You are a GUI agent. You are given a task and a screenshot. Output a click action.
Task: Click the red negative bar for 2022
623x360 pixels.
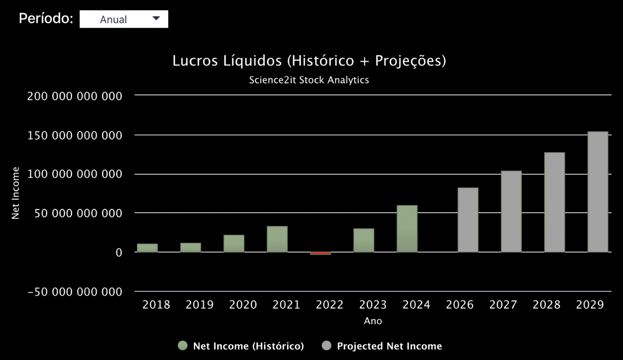pyautogui.click(x=320, y=253)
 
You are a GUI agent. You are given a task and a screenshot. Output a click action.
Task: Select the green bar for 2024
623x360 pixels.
pyautogui.click(x=407, y=229)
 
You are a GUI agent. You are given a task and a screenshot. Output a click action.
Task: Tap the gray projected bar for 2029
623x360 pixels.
pyautogui.click(x=598, y=192)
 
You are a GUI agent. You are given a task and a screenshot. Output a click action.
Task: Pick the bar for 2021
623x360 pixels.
pyautogui.click(x=277, y=239)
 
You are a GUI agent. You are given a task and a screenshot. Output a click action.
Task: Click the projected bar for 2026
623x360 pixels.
pyautogui.click(x=468, y=220)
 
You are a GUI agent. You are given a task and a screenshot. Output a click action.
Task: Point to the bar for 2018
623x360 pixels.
pyautogui.click(x=147, y=248)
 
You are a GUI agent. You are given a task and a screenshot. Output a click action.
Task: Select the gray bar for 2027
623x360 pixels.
pyautogui.click(x=511, y=211)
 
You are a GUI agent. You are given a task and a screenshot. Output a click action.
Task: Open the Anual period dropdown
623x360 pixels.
pyautogui.click(x=124, y=19)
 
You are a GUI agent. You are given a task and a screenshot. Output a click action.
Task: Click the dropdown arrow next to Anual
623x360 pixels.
pyautogui.click(x=156, y=19)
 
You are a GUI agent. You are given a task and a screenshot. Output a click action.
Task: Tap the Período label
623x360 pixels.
pyautogui.click(x=46, y=19)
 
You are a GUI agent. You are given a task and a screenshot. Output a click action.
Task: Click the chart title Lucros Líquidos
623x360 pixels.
pyautogui.click(x=309, y=61)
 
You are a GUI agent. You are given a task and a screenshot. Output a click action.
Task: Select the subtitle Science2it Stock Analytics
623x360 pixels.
pyautogui.click(x=309, y=80)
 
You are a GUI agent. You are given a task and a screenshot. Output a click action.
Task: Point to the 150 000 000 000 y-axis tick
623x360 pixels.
pyautogui.click(x=75, y=135)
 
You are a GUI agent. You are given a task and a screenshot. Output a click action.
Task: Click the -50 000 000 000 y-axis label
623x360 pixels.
pyautogui.click(x=75, y=292)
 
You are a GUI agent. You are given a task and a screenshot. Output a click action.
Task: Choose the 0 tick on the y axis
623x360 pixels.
pyautogui.click(x=118, y=253)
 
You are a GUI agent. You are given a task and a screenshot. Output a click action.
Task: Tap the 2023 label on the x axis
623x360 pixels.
pyautogui.click(x=373, y=305)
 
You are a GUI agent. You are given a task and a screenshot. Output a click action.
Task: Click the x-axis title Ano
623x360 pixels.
pyautogui.click(x=373, y=321)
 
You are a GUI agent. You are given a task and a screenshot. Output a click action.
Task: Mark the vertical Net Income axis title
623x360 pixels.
pyautogui.click(x=16, y=193)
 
